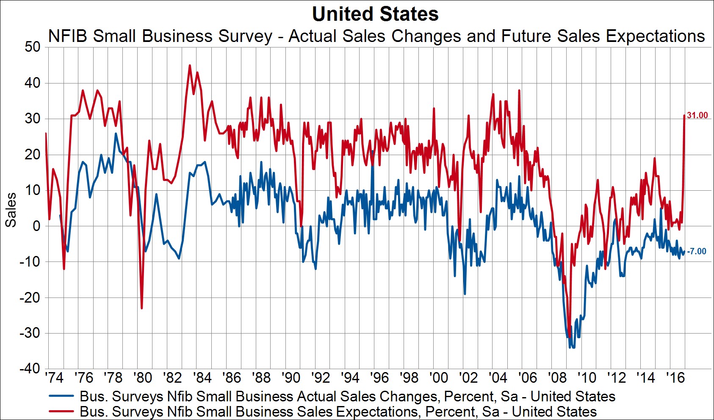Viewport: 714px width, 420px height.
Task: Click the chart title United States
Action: (375, 14)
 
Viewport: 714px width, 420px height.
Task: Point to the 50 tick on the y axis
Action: (32, 47)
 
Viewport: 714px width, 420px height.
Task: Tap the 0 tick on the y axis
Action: (36, 226)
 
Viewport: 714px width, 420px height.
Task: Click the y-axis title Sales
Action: (11, 210)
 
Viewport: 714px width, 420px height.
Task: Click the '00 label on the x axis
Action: (438, 377)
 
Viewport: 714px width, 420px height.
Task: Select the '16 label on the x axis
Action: (675, 377)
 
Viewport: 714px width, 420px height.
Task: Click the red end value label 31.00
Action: (697, 115)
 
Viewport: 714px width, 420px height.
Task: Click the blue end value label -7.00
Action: (696, 251)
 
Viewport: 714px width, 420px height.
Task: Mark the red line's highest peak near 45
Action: (189, 65)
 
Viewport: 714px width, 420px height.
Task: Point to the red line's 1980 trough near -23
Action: (141, 308)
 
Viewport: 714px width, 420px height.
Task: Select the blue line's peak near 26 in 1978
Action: (116, 134)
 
